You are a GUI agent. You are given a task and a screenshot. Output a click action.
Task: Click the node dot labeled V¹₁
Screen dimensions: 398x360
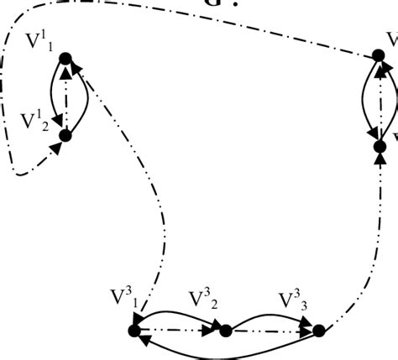pyautogui.click(x=66, y=59)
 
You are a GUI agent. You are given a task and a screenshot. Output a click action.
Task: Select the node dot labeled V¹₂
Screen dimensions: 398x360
pyautogui.click(x=65, y=134)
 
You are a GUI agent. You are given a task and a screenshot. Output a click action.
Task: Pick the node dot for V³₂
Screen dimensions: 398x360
pyautogui.click(x=225, y=331)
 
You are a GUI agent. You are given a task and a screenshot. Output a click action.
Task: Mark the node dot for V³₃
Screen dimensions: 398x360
pyautogui.click(x=318, y=331)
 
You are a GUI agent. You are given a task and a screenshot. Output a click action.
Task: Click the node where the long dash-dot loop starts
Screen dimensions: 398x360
pyautogui.click(x=379, y=57)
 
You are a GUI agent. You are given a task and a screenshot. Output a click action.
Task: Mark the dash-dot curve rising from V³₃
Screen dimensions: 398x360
pyautogui.click(x=369, y=252)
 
